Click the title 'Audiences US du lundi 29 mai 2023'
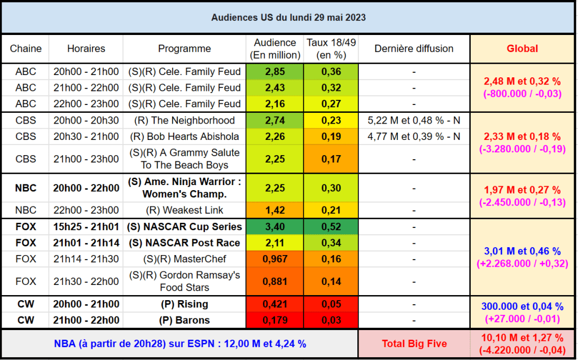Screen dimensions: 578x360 (x=288, y=17)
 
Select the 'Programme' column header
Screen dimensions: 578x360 (x=185, y=49)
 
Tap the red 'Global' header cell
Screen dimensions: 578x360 (x=522, y=49)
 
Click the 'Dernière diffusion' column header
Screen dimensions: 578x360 (x=414, y=49)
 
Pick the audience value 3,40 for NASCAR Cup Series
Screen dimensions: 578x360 (x=275, y=227)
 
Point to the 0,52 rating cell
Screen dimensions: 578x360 (x=331, y=227)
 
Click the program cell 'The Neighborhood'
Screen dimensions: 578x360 (x=185, y=121)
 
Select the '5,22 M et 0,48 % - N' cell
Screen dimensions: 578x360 (x=414, y=121)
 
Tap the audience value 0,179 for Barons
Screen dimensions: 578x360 (x=275, y=320)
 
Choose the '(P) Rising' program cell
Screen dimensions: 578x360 (x=185, y=304)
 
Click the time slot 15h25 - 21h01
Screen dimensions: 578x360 (x=86, y=227)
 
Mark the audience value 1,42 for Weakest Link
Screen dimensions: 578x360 (x=275, y=210)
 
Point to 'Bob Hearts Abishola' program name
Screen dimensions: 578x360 (x=185, y=137)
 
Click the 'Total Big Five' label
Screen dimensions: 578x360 (x=414, y=344)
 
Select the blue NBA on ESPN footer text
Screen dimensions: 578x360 (x=180, y=344)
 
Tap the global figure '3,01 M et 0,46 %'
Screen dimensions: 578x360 (x=522, y=251)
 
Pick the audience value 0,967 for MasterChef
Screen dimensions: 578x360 (x=275, y=259)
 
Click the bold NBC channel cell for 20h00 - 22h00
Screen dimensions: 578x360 (x=25, y=188)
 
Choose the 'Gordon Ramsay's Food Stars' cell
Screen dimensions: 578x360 (x=185, y=281)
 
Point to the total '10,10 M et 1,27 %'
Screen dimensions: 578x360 (x=522, y=337)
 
